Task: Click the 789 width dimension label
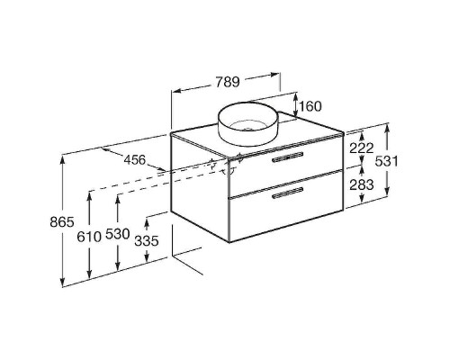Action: coord(228,82)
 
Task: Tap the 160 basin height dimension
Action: coord(310,106)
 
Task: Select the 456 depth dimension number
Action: coord(135,160)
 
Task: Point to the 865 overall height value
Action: coord(61,222)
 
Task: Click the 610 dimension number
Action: coord(89,237)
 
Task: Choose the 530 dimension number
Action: coord(117,234)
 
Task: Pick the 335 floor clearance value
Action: coord(146,240)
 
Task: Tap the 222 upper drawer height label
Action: coord(362,148)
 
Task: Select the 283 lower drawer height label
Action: coord(362,184)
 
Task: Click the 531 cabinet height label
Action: coord(387,161)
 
